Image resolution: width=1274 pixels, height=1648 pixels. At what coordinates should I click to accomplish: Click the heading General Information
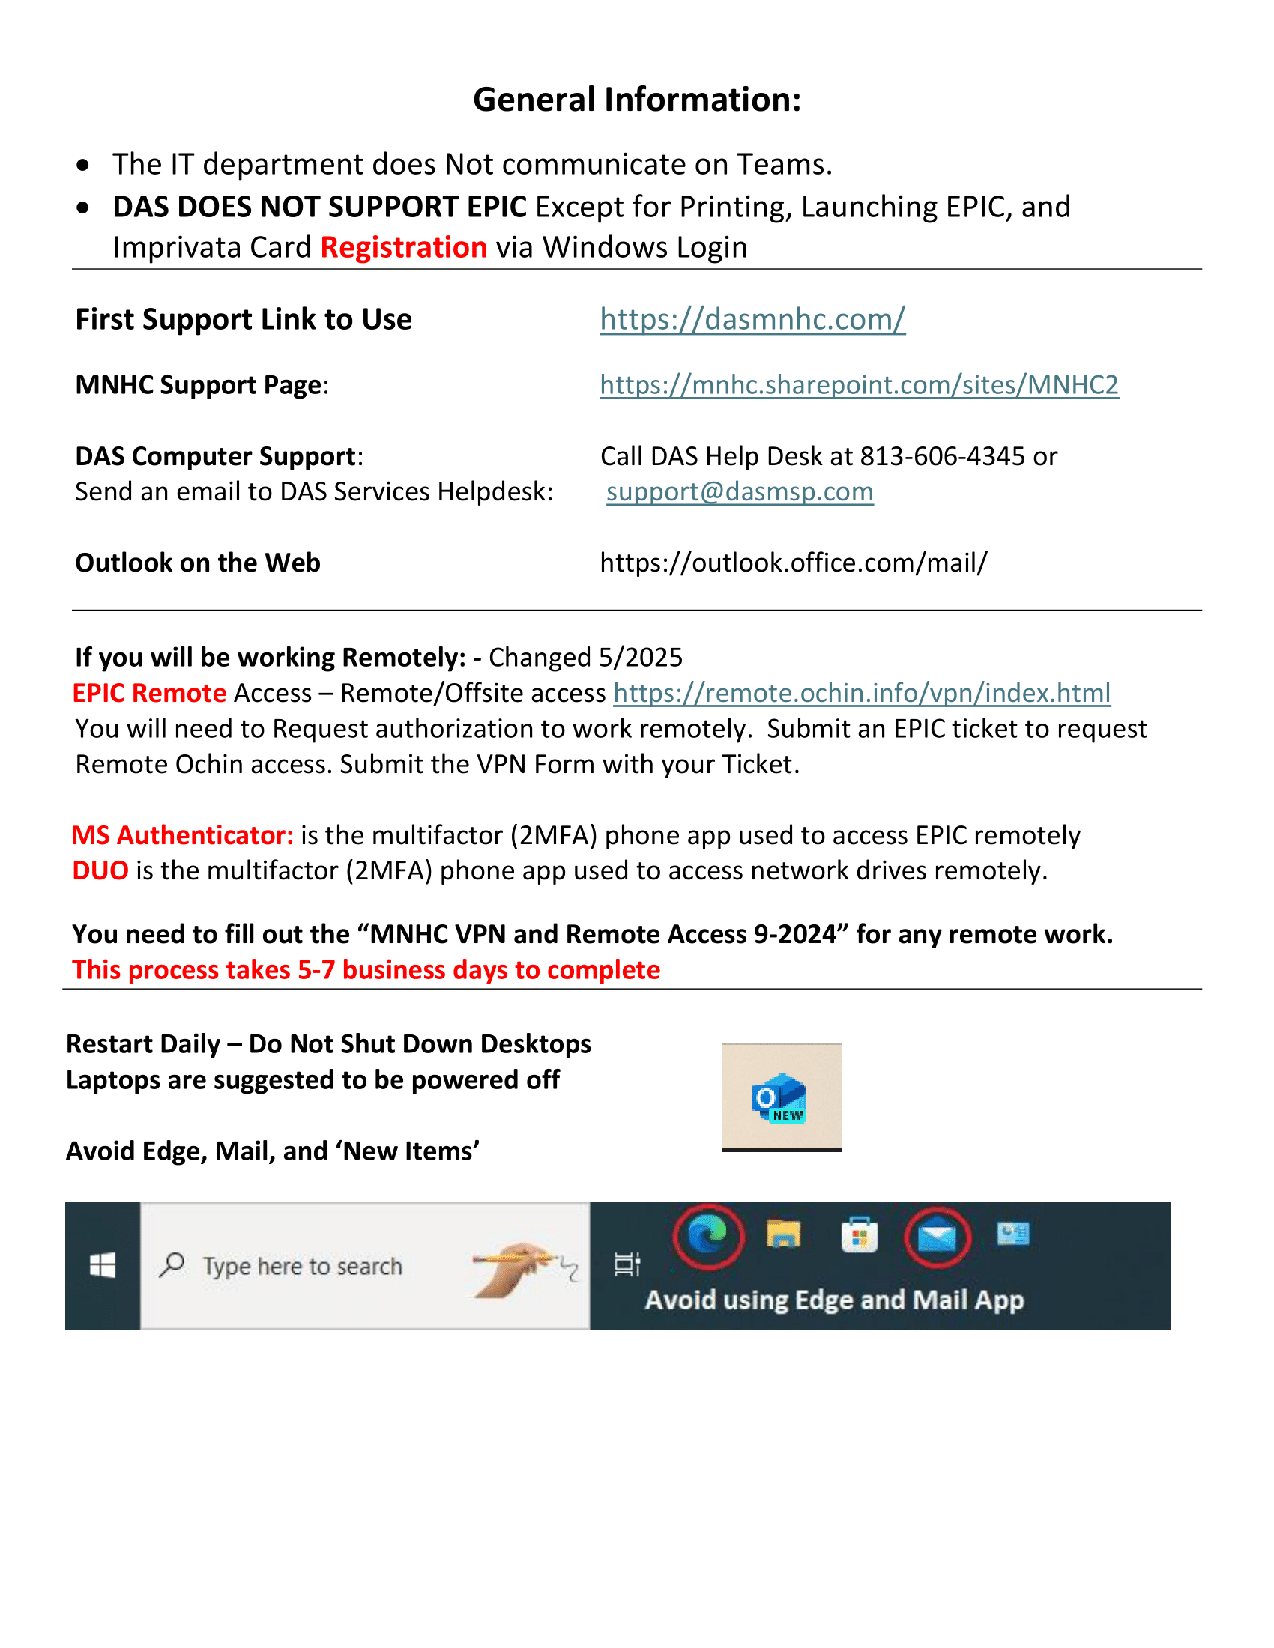coord(636,100)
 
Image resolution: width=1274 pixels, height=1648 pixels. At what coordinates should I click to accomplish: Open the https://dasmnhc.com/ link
coord(752,319)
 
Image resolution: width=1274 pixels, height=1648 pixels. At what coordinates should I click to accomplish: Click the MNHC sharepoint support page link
coord(858,385)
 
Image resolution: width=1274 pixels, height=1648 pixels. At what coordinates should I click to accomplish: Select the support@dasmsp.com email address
coord(739,492)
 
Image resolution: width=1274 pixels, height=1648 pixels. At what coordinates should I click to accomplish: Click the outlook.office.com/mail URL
coord(792,563)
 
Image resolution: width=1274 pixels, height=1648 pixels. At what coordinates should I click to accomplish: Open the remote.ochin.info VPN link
coord(861,693)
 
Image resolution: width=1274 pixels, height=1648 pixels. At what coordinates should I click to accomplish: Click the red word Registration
coord(403,247)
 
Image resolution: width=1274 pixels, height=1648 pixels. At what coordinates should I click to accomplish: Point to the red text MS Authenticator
coord(182,835)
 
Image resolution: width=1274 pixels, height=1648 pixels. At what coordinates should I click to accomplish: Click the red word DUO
coord(100,870)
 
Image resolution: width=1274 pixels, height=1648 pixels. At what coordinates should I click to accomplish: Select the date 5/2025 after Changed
coord(640,658)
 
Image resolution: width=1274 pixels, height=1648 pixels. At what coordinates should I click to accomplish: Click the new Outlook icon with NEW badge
coord(780,1098)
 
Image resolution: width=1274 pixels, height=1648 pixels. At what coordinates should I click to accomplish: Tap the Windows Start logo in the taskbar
coord(103,1265)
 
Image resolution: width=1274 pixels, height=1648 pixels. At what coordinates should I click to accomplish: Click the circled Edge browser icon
coord(707,1235)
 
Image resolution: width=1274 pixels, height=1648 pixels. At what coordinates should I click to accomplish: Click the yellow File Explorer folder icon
coord(782,1235)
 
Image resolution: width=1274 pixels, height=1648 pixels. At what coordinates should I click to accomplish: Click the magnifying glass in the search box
coord(172,1264)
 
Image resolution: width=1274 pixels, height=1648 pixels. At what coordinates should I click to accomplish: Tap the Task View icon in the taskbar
coord(627,1264)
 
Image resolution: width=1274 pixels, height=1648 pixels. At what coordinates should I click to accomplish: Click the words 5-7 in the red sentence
coord(316,970)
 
